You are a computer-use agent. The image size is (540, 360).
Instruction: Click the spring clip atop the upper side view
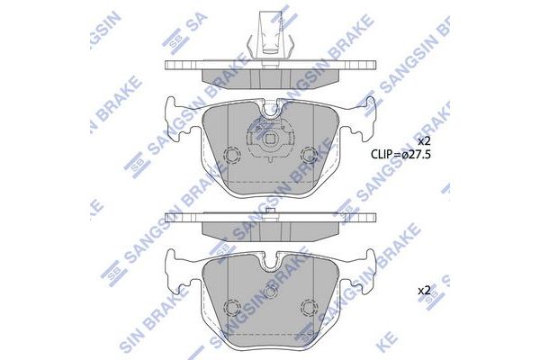tap(271, 34)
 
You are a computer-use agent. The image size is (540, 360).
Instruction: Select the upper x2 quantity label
tap(424, 141)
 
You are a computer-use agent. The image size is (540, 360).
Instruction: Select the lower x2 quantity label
tap(424, 291)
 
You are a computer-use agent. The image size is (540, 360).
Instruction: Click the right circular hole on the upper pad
tap(310, 155)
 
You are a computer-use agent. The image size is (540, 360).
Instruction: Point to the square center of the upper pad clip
tap(271, 141)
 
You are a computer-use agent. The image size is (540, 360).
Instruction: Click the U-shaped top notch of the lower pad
tap(271, 261)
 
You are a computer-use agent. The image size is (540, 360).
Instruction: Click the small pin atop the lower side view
tap(271, 212)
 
